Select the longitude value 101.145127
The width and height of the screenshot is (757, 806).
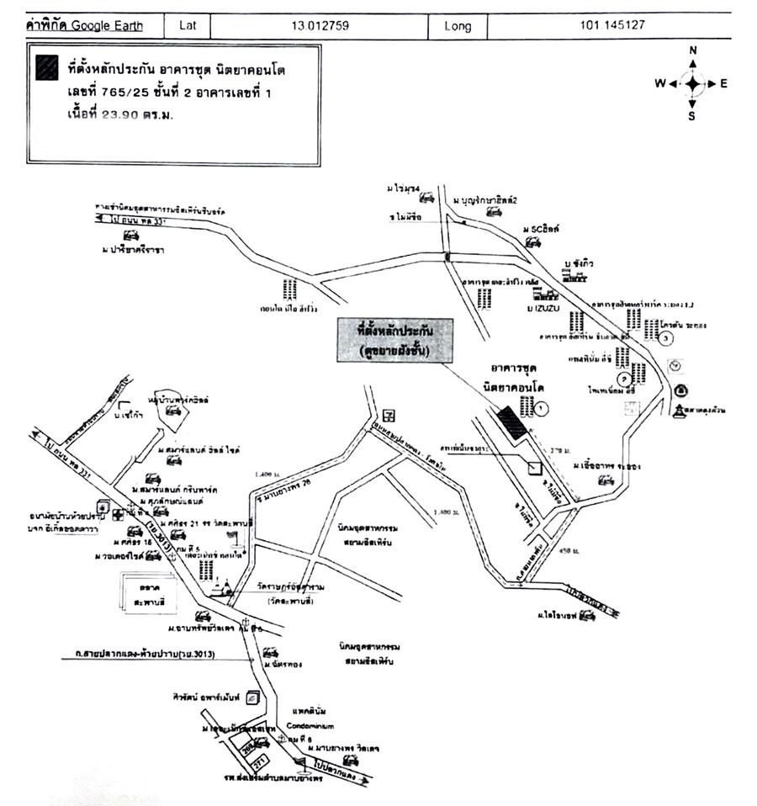pos(612,25)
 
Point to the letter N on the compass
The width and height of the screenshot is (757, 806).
pos(692,50)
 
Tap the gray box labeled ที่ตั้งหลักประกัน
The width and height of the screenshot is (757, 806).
pos(394,339)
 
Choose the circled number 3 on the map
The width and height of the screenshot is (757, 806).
pos(666,338)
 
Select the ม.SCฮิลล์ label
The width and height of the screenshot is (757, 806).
pos(542,229)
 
